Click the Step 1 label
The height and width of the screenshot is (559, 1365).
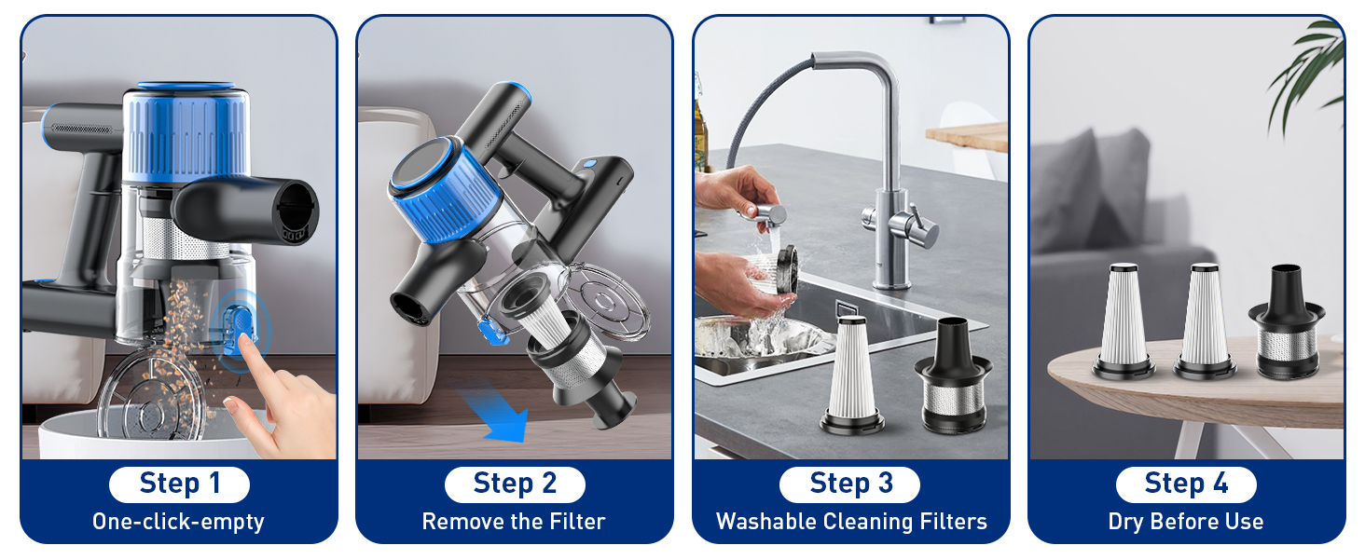179,484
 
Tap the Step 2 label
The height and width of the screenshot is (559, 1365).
515,484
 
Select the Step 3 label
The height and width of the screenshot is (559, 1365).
850,484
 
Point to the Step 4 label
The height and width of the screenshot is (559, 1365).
1186,484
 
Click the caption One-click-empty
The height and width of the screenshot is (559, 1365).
178,522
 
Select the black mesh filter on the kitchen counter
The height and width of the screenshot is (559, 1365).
953,376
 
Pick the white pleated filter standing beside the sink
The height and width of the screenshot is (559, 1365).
852,375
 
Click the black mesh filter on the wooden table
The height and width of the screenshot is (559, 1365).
1286,322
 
